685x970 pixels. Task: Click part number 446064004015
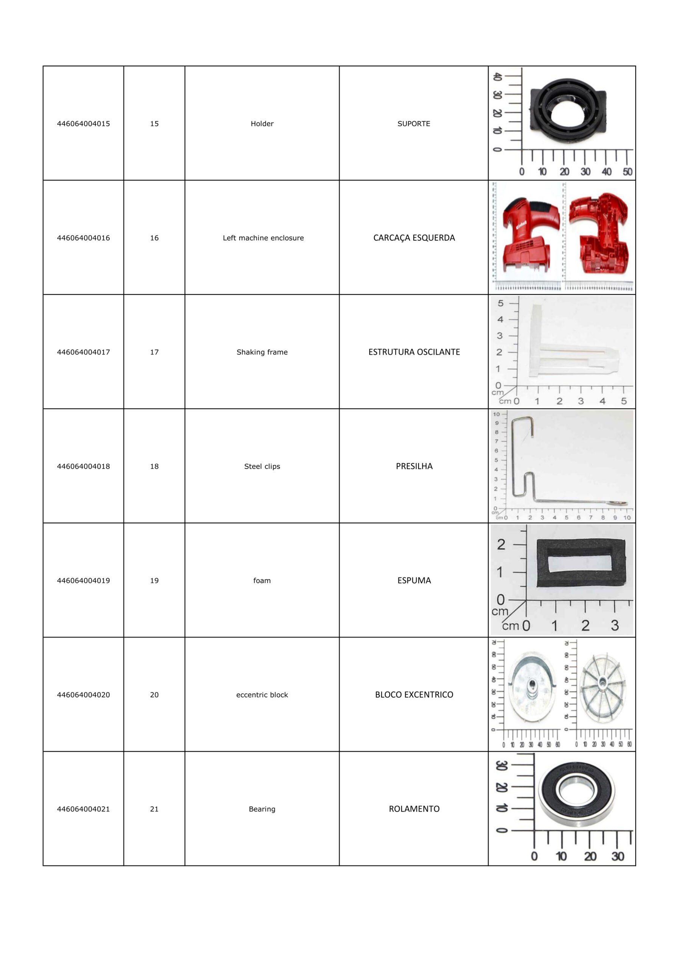(83, 124)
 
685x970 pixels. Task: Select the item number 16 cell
(154, 238)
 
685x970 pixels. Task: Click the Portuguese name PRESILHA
(414, 466)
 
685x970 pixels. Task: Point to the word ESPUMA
(414, 580)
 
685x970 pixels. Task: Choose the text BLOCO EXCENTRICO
(414, 695)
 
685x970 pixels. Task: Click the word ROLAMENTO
(414, 809)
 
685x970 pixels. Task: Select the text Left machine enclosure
(263, 238)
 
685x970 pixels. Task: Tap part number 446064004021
(83, 809)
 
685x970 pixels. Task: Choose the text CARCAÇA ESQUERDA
(414, 238)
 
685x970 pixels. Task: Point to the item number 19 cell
(154, 580)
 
